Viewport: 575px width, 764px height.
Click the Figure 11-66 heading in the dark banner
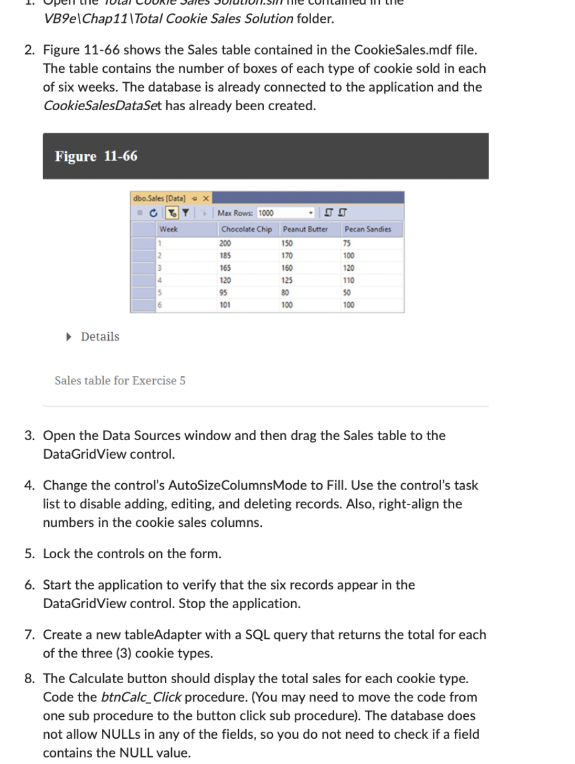(x=96, y=156)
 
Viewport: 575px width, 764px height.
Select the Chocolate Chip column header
(x=246, y=229)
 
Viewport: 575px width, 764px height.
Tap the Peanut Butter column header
(x=305, y=229)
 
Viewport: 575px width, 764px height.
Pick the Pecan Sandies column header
(x=367, y=229)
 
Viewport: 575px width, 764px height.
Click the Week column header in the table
(x=168, y=229)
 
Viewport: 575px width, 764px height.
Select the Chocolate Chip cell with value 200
(x=225, y=243)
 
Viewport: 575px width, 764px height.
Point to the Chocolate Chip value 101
(x=225, y=305)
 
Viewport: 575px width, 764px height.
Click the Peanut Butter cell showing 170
(x=287, y=256)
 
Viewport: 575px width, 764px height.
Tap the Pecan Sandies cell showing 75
(x=347, y=243)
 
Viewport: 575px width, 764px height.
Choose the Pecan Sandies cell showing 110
(x=348, y=280)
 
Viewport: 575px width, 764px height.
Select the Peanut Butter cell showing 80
(x=285, y=293)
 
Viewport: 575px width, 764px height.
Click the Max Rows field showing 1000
(x=283, y=213)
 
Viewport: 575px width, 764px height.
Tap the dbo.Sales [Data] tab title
(x=159, y=198)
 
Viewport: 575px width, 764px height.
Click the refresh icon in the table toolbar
(x=153, y=213)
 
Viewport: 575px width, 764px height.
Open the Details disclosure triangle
(x=69, y=337)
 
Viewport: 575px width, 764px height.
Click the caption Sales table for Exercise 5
(x=120, y=380)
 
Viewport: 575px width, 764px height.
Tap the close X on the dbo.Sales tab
(x=206, y=198)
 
